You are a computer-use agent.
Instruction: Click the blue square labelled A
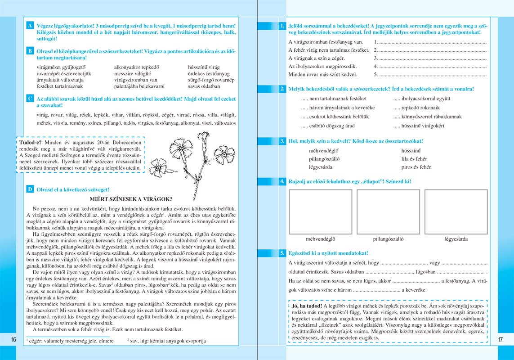click(30, 26)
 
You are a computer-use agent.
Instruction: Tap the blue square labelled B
click(30, 51)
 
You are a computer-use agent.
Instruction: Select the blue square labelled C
click(30, 98)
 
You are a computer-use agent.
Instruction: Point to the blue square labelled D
click(30, 189)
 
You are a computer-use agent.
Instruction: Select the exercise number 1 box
click(282, 26)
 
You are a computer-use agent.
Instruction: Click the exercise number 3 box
click(282, 141)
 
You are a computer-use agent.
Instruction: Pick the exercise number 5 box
click(282, 253)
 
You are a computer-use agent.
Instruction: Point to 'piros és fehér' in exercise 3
click(416, 167)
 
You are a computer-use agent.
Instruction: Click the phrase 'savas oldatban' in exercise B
click(204, 86)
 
